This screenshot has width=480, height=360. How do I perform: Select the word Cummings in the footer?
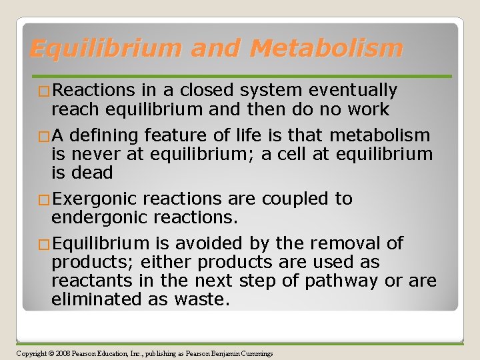[256, 353]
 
